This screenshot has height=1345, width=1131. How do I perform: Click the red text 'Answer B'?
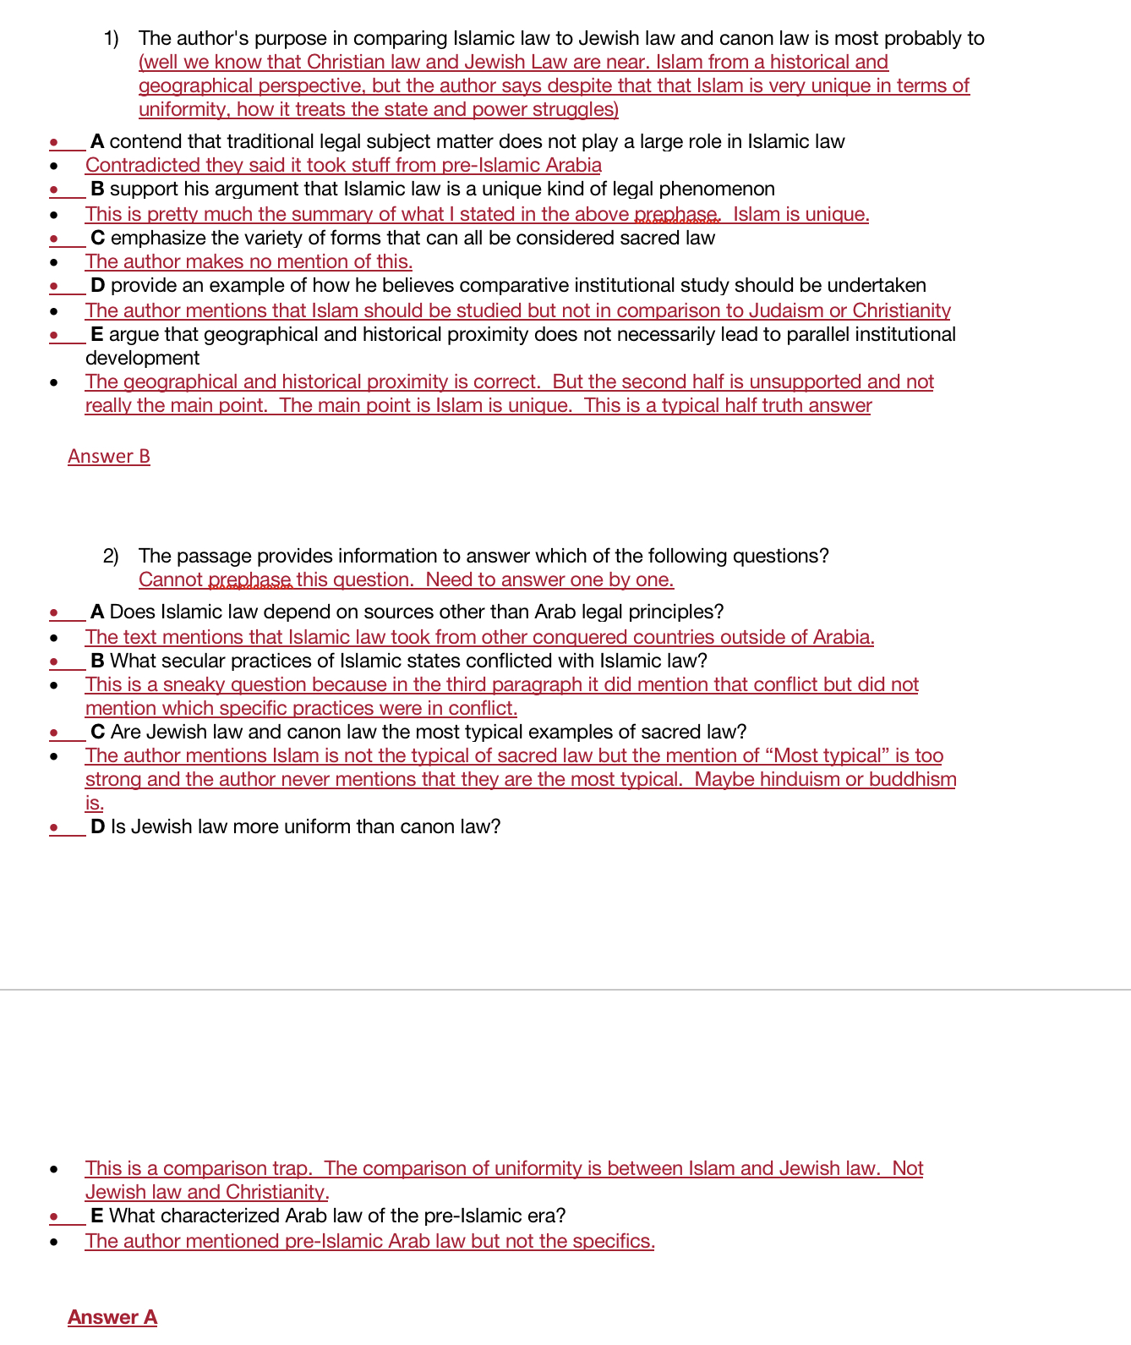[109, 457]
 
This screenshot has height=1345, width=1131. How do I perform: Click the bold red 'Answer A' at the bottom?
[112, 1317]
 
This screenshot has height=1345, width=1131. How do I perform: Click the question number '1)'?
[112, 38]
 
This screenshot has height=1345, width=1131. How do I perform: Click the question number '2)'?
[111, 556]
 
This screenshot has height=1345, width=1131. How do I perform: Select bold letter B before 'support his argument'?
[97, 189]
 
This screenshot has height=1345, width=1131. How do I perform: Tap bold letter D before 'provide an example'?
[98, 285]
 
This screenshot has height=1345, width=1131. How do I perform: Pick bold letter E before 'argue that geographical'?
[97, 334]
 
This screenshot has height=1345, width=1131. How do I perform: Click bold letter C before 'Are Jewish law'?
[98, 732]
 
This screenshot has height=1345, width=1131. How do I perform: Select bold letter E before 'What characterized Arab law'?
[97, 1216]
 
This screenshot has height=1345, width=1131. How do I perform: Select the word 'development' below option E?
[142, 358]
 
